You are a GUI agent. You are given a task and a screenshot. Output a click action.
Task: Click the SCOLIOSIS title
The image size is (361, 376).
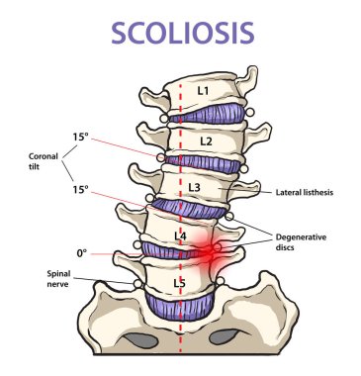tap(180, 32)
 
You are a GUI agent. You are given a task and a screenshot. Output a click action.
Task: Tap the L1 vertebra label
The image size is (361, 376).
tap(203, 91)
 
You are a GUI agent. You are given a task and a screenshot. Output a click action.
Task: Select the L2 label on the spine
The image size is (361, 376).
tap(205, 141)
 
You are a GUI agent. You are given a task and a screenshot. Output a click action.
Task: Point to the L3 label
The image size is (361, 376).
tap(195, 188)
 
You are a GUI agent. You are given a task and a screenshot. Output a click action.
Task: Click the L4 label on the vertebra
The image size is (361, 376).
tap(180, 235)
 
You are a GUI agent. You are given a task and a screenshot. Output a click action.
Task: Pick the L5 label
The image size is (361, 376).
tap(178, 284)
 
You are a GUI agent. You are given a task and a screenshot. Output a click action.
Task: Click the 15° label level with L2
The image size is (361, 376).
tap(80, 138)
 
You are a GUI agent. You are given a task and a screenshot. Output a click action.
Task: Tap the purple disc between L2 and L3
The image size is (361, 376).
tap(203, 160)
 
